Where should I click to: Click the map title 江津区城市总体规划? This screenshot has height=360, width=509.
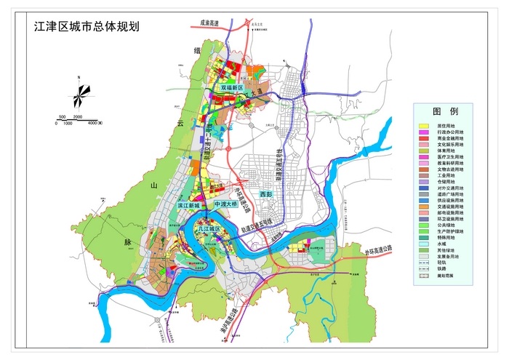click(x=87, y=27)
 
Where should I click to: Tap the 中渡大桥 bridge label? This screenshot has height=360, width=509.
click(x=226, y=206)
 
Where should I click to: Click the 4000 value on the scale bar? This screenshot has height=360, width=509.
click(x=94, y=123)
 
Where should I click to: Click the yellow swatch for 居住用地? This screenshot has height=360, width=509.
click(x=423, y=126)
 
